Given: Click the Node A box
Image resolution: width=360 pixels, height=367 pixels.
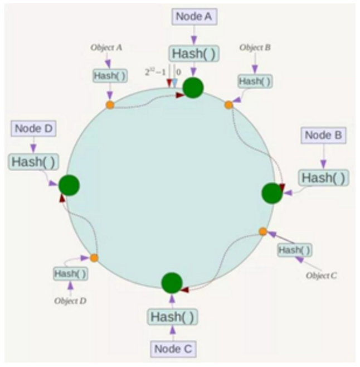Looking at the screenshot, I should (193, 17).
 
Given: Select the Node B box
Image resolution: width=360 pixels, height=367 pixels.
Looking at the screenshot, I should (324, 135).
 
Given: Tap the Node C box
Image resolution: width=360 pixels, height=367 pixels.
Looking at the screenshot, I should (173, 349).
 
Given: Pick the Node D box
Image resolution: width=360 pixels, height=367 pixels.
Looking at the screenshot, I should (33, 128).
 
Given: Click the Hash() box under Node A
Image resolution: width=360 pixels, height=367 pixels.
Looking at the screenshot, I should (193, 54).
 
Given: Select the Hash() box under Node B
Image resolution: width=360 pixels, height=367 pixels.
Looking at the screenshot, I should (324, 177).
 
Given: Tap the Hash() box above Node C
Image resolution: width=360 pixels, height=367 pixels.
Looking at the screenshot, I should (173, 317).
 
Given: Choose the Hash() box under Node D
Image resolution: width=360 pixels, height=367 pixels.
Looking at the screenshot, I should (33, 162).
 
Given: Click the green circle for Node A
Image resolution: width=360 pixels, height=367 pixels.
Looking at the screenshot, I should (193, 88).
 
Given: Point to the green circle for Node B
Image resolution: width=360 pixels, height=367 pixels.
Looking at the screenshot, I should (272, 193).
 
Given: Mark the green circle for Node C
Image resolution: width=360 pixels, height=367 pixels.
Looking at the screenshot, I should (172, 283).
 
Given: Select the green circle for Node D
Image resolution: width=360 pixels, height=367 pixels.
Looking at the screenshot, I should (69, 185).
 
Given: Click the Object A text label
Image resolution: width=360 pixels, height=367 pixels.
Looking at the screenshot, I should (106, 48).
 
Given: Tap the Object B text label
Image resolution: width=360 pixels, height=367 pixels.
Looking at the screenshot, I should (255, 48).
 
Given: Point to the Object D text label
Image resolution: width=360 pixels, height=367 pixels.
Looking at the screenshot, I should (70, 301).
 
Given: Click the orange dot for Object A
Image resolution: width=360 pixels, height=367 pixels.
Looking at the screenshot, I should (110, 105).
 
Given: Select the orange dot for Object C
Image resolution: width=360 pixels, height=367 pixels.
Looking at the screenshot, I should (263, 231).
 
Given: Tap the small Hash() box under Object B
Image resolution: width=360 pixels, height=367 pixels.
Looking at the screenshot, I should (255, 81).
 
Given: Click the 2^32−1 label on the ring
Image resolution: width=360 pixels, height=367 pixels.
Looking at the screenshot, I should (155, 73).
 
